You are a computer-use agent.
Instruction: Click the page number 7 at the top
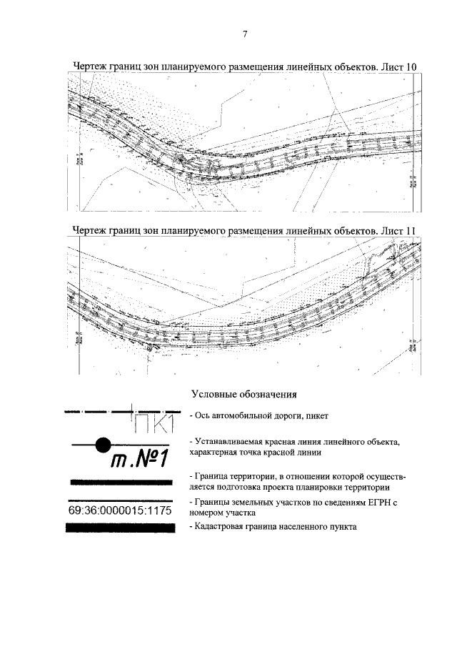pos(244,34)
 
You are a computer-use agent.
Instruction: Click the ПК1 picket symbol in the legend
pos(154,423)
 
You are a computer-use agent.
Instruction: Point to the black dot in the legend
pos(104,444)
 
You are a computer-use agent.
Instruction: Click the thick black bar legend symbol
pos(120,528)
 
